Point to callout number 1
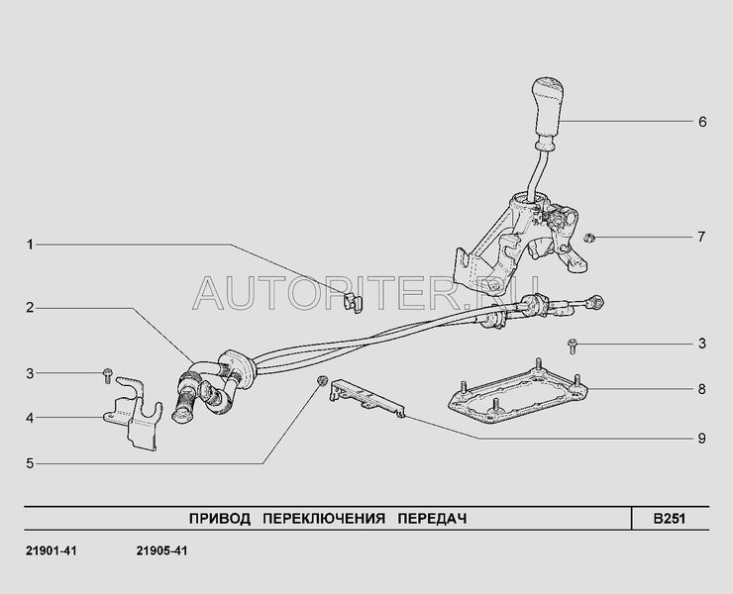[31, 244]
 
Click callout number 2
[31, 308]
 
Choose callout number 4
[31, 418]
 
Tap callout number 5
[31, 462]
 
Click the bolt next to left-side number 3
[106, 373]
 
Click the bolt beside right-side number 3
[573, 345]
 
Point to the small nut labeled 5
[321, 381]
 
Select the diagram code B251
[669, 518]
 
